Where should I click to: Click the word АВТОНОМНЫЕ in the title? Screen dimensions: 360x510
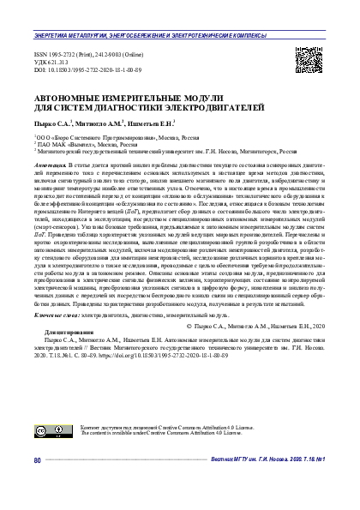[65, 100]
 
